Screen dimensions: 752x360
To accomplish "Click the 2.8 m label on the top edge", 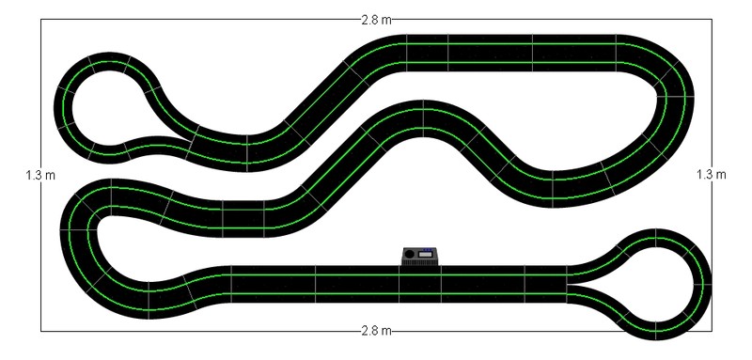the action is [376, 20].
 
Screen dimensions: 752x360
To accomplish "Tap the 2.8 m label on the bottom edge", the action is [376, 331].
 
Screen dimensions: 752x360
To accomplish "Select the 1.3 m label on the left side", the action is [40, 175].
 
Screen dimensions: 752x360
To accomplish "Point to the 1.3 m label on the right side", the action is [712, 175].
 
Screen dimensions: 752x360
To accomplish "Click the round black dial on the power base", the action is [409, 254].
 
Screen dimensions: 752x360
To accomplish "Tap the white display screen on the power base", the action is [426, 255].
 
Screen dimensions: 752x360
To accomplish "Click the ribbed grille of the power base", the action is [419, 262].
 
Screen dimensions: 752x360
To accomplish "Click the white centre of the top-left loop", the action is [103, 107].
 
